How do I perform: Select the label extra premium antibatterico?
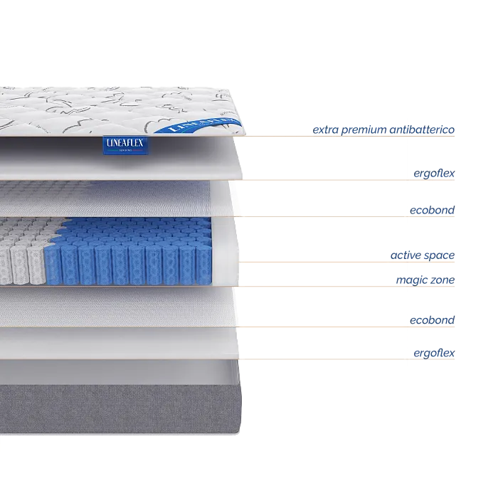pos(383,129)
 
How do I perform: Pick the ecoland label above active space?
pos(432,211)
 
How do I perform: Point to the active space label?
pos(421,255)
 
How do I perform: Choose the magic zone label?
pos(425,280)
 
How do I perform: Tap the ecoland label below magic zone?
pos(432,319)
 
